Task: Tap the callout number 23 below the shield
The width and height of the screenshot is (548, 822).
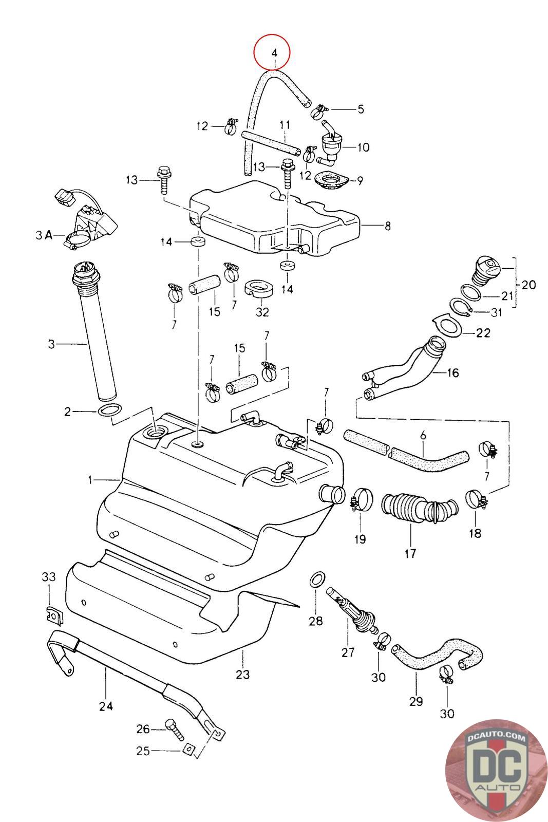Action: (242, 674)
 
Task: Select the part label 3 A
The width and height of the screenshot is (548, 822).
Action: (44, 235)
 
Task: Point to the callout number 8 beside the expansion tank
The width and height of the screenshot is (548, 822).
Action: (387, 226)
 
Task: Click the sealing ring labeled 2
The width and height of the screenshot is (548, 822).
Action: (109, 410)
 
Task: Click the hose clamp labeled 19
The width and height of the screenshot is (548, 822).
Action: (361, 500)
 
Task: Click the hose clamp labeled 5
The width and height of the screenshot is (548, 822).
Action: (319, 111)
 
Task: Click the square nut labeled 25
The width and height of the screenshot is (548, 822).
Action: (188, 751)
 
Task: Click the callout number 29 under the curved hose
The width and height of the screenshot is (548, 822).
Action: (416, 701)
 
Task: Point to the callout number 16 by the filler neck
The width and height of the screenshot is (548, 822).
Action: (453, 373)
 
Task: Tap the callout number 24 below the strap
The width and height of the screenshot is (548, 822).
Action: (106, 706)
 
